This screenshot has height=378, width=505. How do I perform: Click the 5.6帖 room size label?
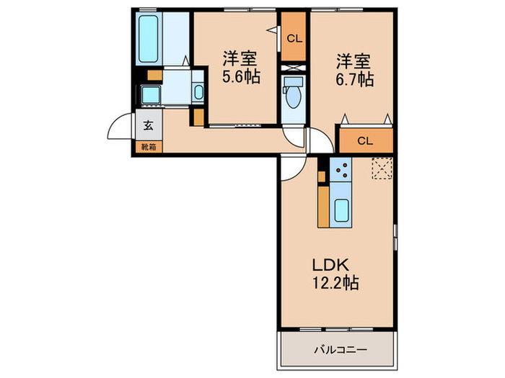coord(241,77)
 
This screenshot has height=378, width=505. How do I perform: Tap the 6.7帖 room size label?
coord(354,79)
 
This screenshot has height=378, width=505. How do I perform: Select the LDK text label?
coord(330,265)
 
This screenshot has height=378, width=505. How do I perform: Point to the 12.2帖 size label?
coord(335,283)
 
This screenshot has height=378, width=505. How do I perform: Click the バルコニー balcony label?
coord(341,349)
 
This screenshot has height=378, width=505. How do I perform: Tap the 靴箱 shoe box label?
coord(149,147)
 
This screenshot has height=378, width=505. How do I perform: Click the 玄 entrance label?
coord(148,125)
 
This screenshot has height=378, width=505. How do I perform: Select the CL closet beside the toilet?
coord(294,37)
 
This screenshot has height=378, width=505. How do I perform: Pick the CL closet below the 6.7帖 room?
coord(366,140)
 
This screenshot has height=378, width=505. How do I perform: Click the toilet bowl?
coord(293,97)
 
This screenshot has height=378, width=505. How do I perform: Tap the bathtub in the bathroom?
coord(149,39)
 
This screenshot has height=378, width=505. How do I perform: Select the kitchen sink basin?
coord(341,210)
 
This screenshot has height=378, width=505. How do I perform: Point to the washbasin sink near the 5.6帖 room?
coord(198,92)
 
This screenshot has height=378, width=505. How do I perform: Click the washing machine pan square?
coord(151,95)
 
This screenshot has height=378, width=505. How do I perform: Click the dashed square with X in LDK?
coord(382,168)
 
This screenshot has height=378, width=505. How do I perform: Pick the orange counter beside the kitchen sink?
coord(323,207)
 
